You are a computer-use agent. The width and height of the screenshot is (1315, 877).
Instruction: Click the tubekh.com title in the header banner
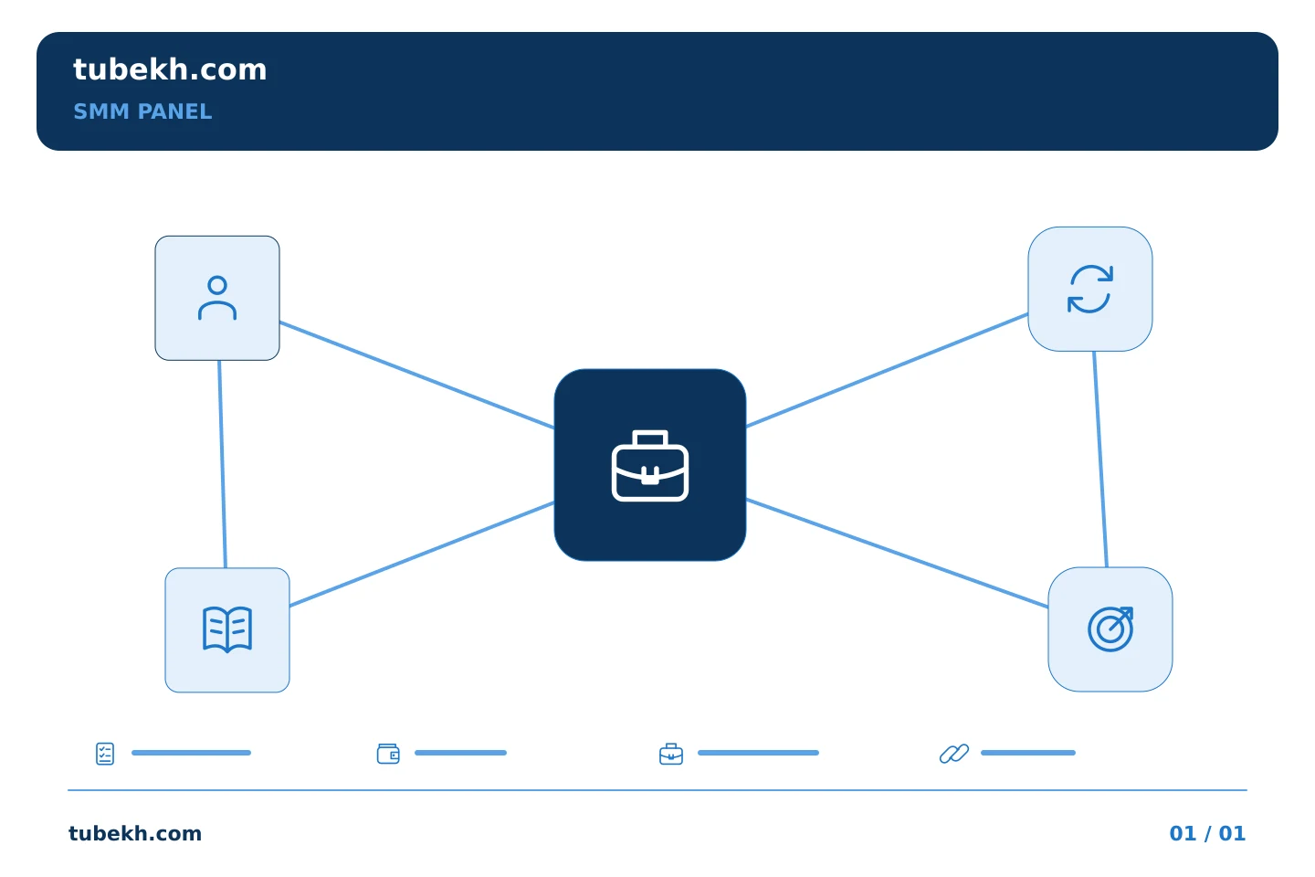point(170,69)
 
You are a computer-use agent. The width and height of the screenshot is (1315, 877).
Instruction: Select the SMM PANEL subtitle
point(142,111)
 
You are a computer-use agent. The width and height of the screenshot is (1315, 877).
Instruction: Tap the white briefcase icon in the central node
point(650,466)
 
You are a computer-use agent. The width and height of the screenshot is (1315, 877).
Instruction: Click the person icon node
point(217,298)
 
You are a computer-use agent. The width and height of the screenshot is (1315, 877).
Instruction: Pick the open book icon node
point(227,629)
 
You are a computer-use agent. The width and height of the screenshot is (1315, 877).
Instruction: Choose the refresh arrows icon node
point(1090,289)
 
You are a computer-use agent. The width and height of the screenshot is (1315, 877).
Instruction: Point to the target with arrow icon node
point(1110,629)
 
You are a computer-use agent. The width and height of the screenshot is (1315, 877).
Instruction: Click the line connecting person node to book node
point(223,464)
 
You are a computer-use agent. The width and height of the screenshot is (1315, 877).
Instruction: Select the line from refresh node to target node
point(1100,460)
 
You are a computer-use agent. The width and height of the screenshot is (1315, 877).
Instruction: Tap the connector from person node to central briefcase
point(416,375)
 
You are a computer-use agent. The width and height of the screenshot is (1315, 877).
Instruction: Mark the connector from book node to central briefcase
point(422,554)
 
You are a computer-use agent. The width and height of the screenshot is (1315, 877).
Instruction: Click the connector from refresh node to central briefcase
point(887,370)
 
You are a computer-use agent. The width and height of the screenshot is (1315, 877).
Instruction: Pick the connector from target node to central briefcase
point(897,553)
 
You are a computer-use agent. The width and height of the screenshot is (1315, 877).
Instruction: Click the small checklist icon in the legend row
point(105,754)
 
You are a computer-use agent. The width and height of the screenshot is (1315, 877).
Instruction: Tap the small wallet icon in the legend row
point(388,754)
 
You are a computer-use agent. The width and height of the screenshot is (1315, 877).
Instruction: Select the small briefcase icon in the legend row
point(671,754)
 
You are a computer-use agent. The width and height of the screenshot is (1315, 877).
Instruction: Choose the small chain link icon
point(954,754)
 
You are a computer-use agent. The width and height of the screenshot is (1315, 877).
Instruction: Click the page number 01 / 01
point(1207,833)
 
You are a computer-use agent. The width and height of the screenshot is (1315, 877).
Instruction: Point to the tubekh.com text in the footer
point(135,833)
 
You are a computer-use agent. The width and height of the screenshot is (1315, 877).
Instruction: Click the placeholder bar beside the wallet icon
point(461,753)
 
